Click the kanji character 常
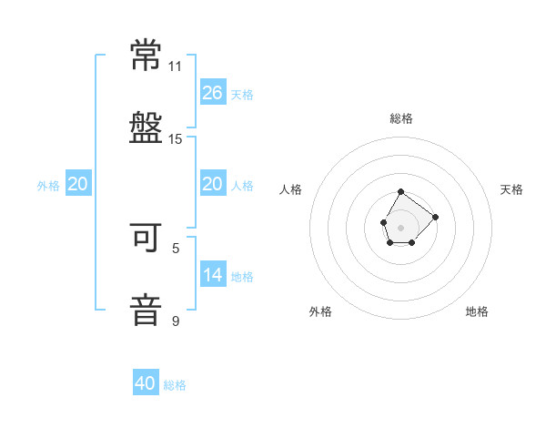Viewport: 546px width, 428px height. pos(147,56)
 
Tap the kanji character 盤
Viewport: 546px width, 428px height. pos(147,127)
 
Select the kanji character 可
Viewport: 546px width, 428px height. pos(147,239)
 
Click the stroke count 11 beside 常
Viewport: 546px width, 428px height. pos(176,66)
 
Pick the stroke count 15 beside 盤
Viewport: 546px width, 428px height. pos(176,138)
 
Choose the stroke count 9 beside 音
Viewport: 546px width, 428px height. pos(176,321)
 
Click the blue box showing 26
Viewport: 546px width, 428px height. pos(213,93)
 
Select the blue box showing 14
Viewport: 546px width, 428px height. pos(213,275)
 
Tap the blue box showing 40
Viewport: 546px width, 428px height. pos(146,383)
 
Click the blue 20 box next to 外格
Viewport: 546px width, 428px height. pos(78,184)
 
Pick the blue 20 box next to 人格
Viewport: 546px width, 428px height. pos(213,184)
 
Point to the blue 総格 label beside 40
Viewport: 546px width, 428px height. pos(175,385)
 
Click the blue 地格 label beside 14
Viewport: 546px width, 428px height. pos(242,277)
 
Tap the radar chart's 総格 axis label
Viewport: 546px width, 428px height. pos(401,118)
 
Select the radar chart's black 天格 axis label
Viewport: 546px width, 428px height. pos(511,189)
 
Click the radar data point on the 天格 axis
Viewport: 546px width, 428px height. pos(435,217)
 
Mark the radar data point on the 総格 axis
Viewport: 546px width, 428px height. pos(400,192)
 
